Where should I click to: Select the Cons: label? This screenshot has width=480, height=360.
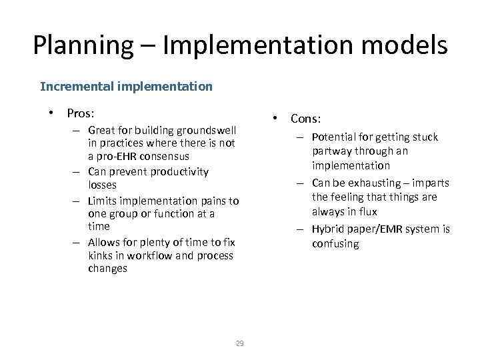pyautogui.click(x=305, y=119)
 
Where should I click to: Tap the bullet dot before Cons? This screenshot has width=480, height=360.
pyautogui.click(x=275, y=117)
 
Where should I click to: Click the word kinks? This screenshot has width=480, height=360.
pyautogui.click(x=101, y=255)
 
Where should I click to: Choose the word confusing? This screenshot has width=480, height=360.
pyautogui.click(x=335, y=243)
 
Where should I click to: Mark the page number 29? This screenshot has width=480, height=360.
pyautogui.click(x=239, y=343)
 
